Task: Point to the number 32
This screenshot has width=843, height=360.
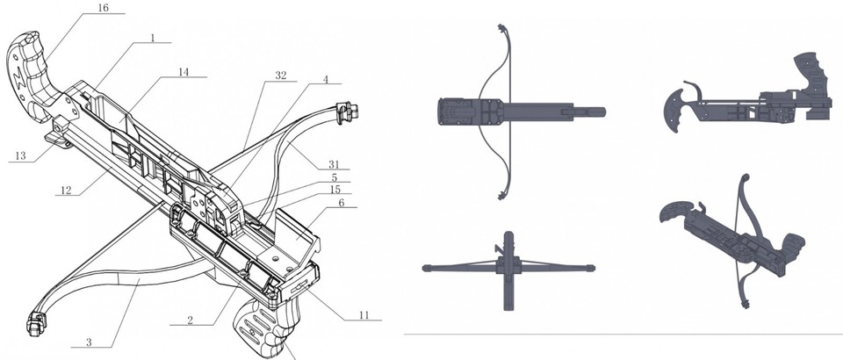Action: coord(280,76)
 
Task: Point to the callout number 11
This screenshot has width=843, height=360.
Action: coord(361,313)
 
